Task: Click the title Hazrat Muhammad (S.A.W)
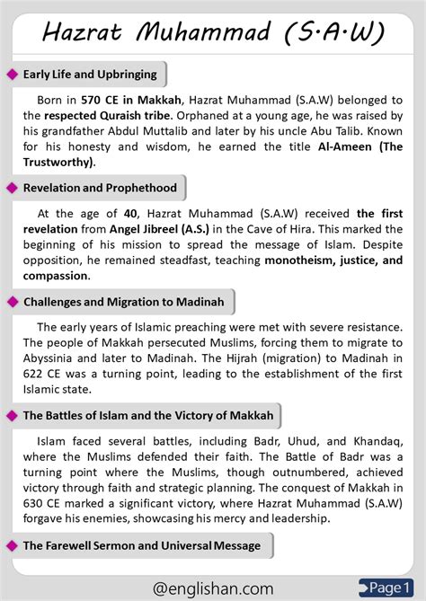[x=214, y=33]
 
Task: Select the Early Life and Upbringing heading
[x=90, y=75]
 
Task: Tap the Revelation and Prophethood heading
[x=100, y=187]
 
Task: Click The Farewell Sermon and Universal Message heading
[x=142, y=545]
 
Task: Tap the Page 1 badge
[x=389, y=587]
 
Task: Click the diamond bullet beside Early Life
[x=12, y=75]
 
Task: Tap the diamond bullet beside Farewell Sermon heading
[x=12, y=545]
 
